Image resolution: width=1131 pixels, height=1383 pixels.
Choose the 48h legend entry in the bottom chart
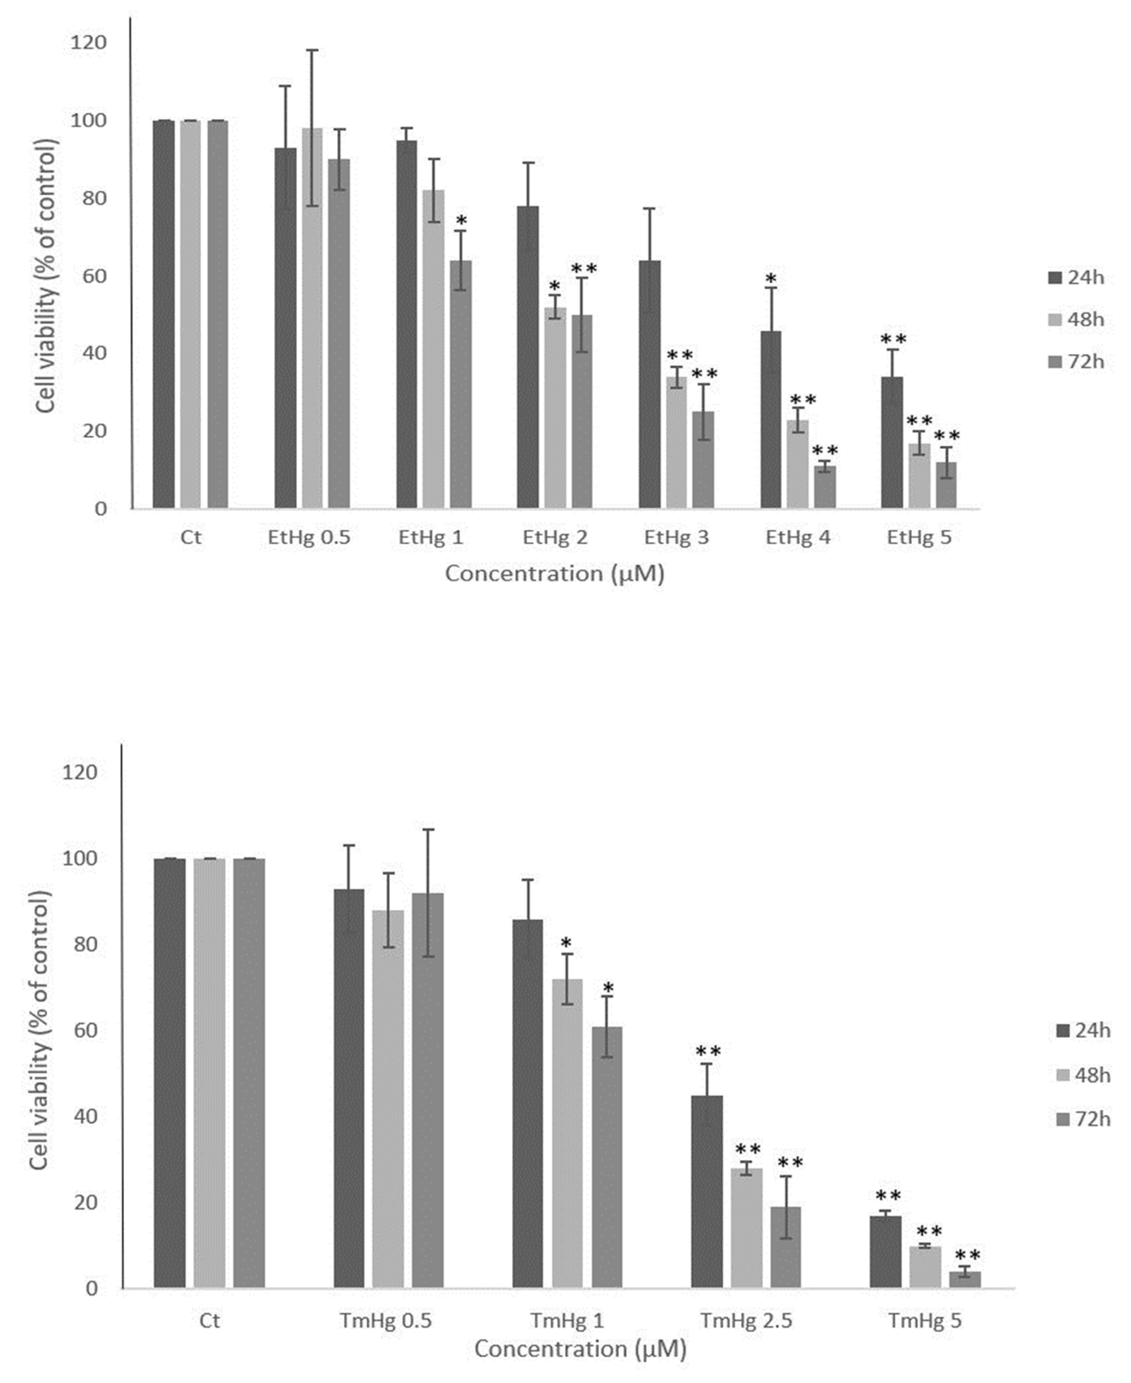tap(1082, 1075)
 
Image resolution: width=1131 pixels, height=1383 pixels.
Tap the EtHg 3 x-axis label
tap(676, 538)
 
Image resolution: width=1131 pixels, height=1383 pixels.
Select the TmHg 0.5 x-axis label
tap(385, 1321)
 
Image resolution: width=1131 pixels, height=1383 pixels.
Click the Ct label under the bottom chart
tap(209, 1321)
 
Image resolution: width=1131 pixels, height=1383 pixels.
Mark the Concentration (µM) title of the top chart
tap(555, 573)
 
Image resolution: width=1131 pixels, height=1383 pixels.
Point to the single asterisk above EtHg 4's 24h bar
tap(771, 279)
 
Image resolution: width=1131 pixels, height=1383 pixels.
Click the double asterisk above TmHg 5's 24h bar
tap(888, 1196)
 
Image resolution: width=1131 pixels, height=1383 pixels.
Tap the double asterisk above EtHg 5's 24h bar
tap(893, 339)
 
